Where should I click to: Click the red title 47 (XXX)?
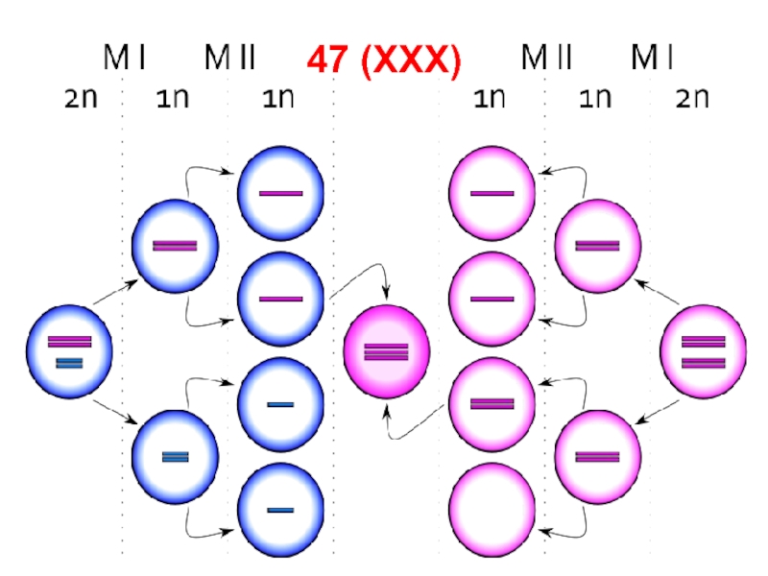[384, 60]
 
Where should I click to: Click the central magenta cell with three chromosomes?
[386, 351]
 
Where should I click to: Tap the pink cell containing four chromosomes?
[702, 351]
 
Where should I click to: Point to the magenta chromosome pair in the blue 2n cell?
[70, 341]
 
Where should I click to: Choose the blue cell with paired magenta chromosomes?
[175, 245]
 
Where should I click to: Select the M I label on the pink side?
[652, 60]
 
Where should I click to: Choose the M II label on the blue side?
[229, 60]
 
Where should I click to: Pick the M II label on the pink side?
[546, 60]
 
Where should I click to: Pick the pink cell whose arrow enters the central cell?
[492, 403]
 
